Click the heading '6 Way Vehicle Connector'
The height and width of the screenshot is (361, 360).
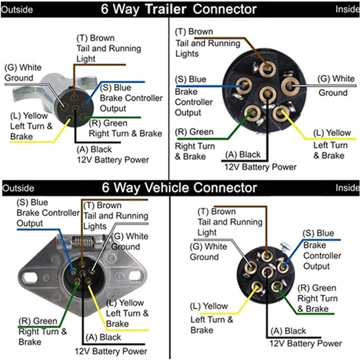pos(179,187)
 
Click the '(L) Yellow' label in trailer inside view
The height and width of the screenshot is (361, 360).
pos(332,133)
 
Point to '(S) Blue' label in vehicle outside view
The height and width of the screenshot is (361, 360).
pos(32,203)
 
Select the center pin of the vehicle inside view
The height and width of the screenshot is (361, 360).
pos(268,272)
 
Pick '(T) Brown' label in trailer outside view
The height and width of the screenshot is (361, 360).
pos(95,38)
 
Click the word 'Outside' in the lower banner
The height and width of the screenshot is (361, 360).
pos(18,188)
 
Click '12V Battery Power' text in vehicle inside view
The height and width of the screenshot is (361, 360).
pos(305,343)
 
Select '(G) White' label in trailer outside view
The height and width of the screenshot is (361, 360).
pos(23,68)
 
